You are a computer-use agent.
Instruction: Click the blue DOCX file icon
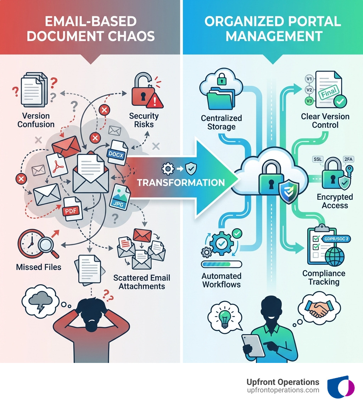(x=116, y=153)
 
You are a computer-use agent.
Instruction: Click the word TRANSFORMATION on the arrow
(x=181, y=183)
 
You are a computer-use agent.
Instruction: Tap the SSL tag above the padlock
(x=317, y=159)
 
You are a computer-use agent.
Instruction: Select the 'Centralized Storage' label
(x=221, y=122)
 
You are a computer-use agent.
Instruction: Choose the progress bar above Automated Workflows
(x=221, y=264)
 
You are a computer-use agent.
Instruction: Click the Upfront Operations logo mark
(x=341, y=387)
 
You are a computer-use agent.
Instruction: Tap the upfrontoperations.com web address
(x=283, y=390)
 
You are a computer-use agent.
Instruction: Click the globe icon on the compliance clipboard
(x=334, y=257)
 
